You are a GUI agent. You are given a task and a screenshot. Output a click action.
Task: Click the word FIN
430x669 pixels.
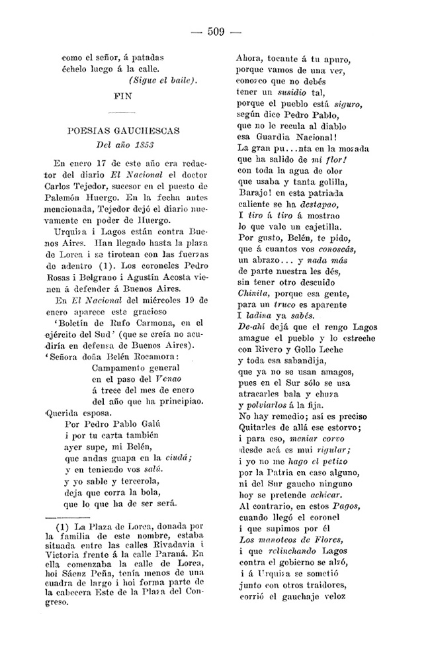tap(124, 95)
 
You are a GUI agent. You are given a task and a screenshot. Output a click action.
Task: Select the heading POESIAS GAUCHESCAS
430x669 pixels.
tap(124, 130)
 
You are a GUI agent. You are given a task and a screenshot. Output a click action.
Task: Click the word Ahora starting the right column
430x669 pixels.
tap(250, 58)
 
